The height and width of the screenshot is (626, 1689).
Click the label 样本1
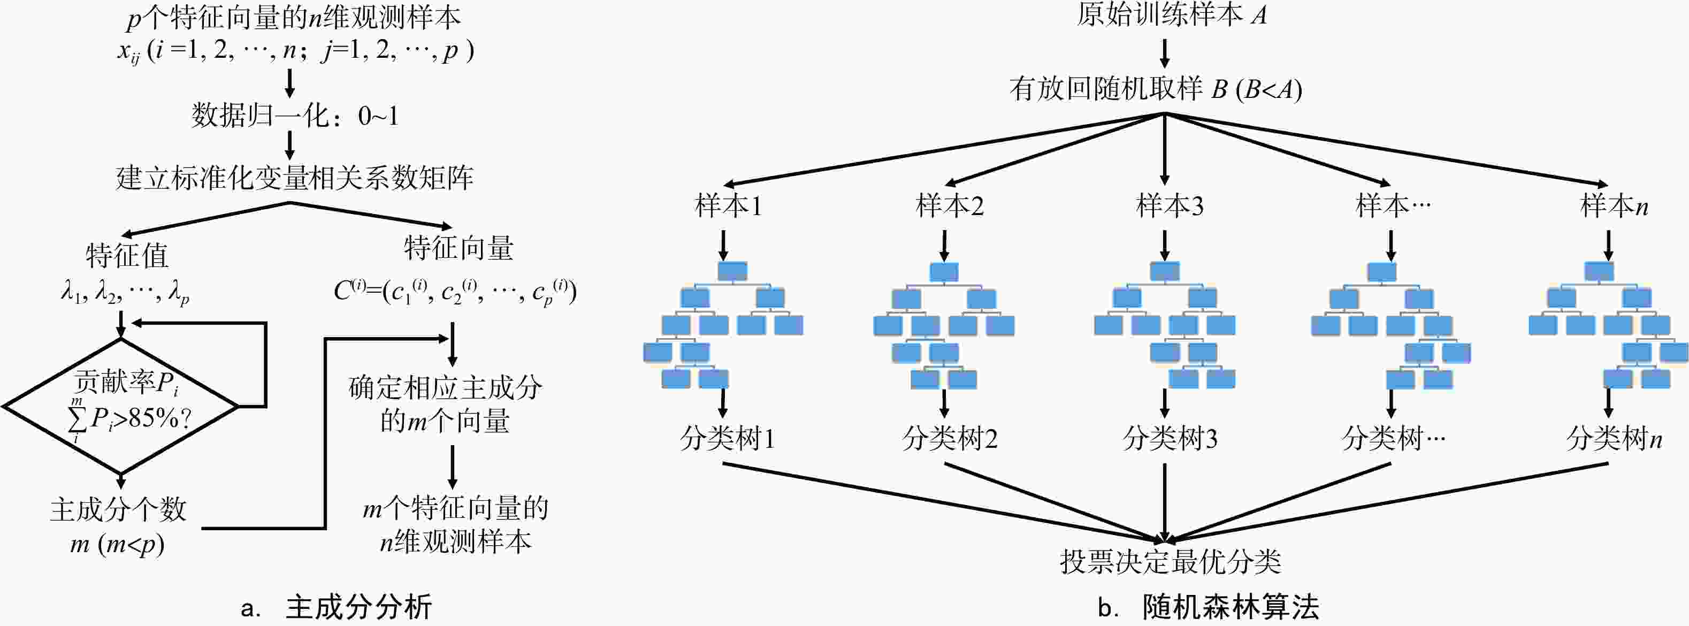click(x=728, y=207)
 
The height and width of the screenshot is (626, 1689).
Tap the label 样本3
click(x=1170, y=207)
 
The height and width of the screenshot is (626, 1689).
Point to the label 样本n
click(x=1614, y=207)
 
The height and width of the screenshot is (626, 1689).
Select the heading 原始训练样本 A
click(x=1171, y=15)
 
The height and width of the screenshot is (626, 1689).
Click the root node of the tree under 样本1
click(x=732, y=271)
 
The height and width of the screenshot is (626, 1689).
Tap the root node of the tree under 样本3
click(x=1165, y=271)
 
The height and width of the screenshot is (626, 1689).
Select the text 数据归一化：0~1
click(x=294, y=116)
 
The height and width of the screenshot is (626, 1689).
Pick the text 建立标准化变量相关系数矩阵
click(x=294, y=178)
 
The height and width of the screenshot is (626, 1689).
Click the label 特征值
click(x=127, y=256)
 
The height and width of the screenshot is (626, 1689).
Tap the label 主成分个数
click(x=119, y=510)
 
